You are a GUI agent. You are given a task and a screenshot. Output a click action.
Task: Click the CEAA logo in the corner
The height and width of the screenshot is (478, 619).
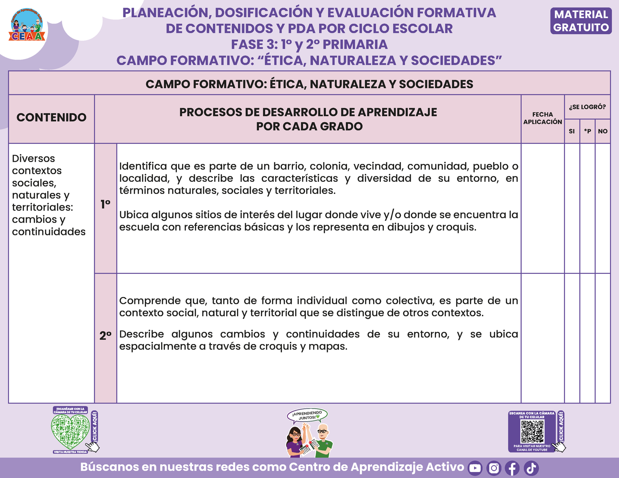pyautogui.click(x=27, y=26)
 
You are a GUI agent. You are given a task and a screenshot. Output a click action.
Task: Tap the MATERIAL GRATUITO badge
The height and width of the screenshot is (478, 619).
pyautogui.click(x=581, y=21)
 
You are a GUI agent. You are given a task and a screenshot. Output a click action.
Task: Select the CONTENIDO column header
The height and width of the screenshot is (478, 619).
pyautogui.click(x=51, y=118)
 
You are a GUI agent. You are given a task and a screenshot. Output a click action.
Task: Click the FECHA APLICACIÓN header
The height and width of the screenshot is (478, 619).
pyautogui.click(x=542, y=118)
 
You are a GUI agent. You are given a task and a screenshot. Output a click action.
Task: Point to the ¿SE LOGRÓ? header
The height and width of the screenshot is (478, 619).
pyautogui.click(x=587, y=107)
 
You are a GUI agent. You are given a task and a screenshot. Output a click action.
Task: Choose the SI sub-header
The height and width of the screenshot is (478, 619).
pyautogui.click(x=572, y=131)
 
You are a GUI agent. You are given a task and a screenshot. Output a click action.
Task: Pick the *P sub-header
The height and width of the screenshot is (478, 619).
pyautogui.click(x=587, y=131)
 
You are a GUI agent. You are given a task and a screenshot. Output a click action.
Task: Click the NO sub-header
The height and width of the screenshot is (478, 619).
pyautogui.click(x=603, y=131)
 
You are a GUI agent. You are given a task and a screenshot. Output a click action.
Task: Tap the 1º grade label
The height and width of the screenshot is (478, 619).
pyautogui.click(x=105, y=205)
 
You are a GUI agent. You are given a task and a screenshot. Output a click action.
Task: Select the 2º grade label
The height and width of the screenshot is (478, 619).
pyautogui.click(x=105, y=336)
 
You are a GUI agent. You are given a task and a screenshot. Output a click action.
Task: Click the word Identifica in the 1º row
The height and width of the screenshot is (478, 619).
pyautogui.click(x=143, y=166)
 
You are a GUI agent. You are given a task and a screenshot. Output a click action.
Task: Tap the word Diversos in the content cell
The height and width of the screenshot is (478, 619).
pyautogui.click(x=33, y=159)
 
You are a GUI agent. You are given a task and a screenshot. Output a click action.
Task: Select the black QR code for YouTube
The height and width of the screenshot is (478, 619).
pyautogui.click(x=532, y=431)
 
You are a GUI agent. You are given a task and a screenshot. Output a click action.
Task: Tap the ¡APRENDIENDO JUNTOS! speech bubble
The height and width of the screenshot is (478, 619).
pyautogui.click(x=307, y=415)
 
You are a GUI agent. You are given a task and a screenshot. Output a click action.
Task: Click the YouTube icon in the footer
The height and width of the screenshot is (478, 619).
pyautogui.click(x=475, y=468)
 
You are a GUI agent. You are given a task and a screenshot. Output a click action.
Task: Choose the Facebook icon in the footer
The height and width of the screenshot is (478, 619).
pyautogui.click(x=512, y=468)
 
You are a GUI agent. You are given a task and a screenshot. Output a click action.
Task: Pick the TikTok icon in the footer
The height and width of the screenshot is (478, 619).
pyautogui.click(x=531, y=468)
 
